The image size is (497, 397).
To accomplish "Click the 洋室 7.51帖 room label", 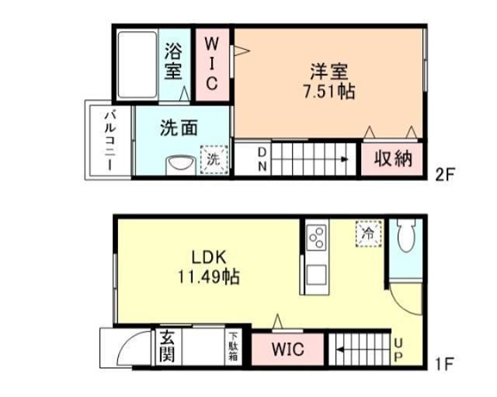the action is tap(329, 82).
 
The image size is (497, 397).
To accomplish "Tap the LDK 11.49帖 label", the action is tap(209, 267).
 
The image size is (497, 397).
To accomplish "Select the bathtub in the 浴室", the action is tap(137, 64).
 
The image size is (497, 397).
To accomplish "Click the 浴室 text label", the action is tap(173, 61).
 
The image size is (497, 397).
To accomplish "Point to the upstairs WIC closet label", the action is tap(212, 64).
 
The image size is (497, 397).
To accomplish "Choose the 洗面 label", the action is tap(179, 127).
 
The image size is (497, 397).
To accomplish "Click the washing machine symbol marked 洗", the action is tap(214, 159).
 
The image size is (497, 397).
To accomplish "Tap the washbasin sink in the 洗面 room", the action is tap(179, 164).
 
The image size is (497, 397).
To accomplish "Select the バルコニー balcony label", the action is tap(110, 140).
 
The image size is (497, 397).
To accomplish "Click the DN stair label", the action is tap(262, 159).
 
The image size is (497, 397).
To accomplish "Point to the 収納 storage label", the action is tap(393, 158).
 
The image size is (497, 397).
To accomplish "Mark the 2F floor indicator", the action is tap(445, 174).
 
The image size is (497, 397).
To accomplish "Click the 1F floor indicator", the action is tap(445, 364).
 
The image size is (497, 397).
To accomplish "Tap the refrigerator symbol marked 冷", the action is tap(368, 234).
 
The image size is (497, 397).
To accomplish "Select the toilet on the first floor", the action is tap(405, 235).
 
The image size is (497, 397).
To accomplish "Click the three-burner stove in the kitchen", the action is tap(316, 237).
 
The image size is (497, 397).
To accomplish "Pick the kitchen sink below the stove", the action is tap(316, 275).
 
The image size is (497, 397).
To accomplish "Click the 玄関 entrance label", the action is tap(168, 346).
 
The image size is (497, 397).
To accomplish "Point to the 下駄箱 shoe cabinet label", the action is tap(233, 347).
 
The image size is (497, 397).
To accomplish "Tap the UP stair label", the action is tap(398, 350).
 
